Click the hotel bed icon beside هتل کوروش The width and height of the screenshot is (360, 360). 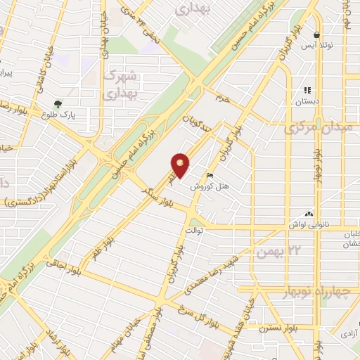(210, 175)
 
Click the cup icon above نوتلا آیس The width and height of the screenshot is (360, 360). (318, 34)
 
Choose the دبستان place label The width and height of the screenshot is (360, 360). (307, 102)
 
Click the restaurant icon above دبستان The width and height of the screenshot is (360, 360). (307, 90)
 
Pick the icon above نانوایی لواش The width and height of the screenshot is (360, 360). (308, 213)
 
